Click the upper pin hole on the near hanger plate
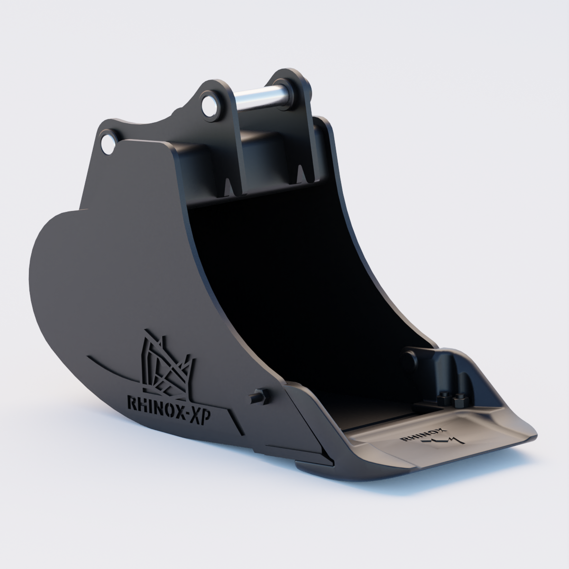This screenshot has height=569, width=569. click(x=208, y=105)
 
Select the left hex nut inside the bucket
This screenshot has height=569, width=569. click(x=445, y=400)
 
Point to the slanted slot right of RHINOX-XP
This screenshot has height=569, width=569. click(x=236, y=422)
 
